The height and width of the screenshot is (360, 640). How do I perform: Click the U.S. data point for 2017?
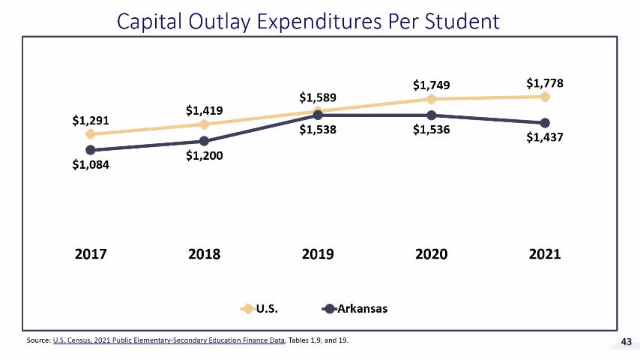[91, 134]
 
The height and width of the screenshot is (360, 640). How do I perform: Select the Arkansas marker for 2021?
[545, 123]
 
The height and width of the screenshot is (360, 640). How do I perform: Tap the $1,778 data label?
[544, 82]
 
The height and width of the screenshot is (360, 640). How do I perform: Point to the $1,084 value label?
[91, 165]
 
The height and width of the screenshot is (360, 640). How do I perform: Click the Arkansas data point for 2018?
[205, 141]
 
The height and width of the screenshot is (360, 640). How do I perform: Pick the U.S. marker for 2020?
[431, 99]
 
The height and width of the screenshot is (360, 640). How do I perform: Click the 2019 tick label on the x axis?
[318, 254]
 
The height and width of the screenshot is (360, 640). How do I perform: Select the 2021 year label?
[545, 254]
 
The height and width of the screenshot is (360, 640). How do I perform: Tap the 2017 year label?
[91, 254]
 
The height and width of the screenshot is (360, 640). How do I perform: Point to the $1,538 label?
[318, 130]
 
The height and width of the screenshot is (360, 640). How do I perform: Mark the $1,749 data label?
[431, 85]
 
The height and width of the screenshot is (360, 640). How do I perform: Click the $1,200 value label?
[205, 157]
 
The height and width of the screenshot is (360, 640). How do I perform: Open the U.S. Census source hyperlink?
[169, 341]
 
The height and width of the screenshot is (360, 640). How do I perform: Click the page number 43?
[627, 342]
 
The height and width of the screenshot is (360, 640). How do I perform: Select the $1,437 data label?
[544, 138]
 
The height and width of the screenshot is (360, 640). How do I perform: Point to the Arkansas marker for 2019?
[318, 115]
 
